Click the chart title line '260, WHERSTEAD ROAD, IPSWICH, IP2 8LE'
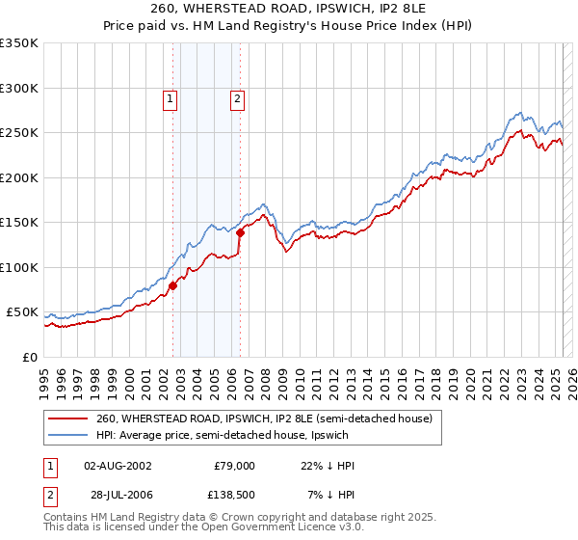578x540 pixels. [289, 9]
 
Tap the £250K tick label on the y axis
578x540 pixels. [19, 133]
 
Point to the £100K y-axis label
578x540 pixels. [19, 267]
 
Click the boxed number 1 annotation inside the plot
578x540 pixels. [170, 97]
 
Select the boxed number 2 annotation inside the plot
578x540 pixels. [237, 97]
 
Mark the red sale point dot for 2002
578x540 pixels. [173, 285]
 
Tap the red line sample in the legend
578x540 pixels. [68, 418]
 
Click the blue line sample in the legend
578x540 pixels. [68, 435]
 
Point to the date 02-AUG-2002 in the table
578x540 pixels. [118, 466]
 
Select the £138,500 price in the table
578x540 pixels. [234, 495]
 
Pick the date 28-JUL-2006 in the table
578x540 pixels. [118, 495]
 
